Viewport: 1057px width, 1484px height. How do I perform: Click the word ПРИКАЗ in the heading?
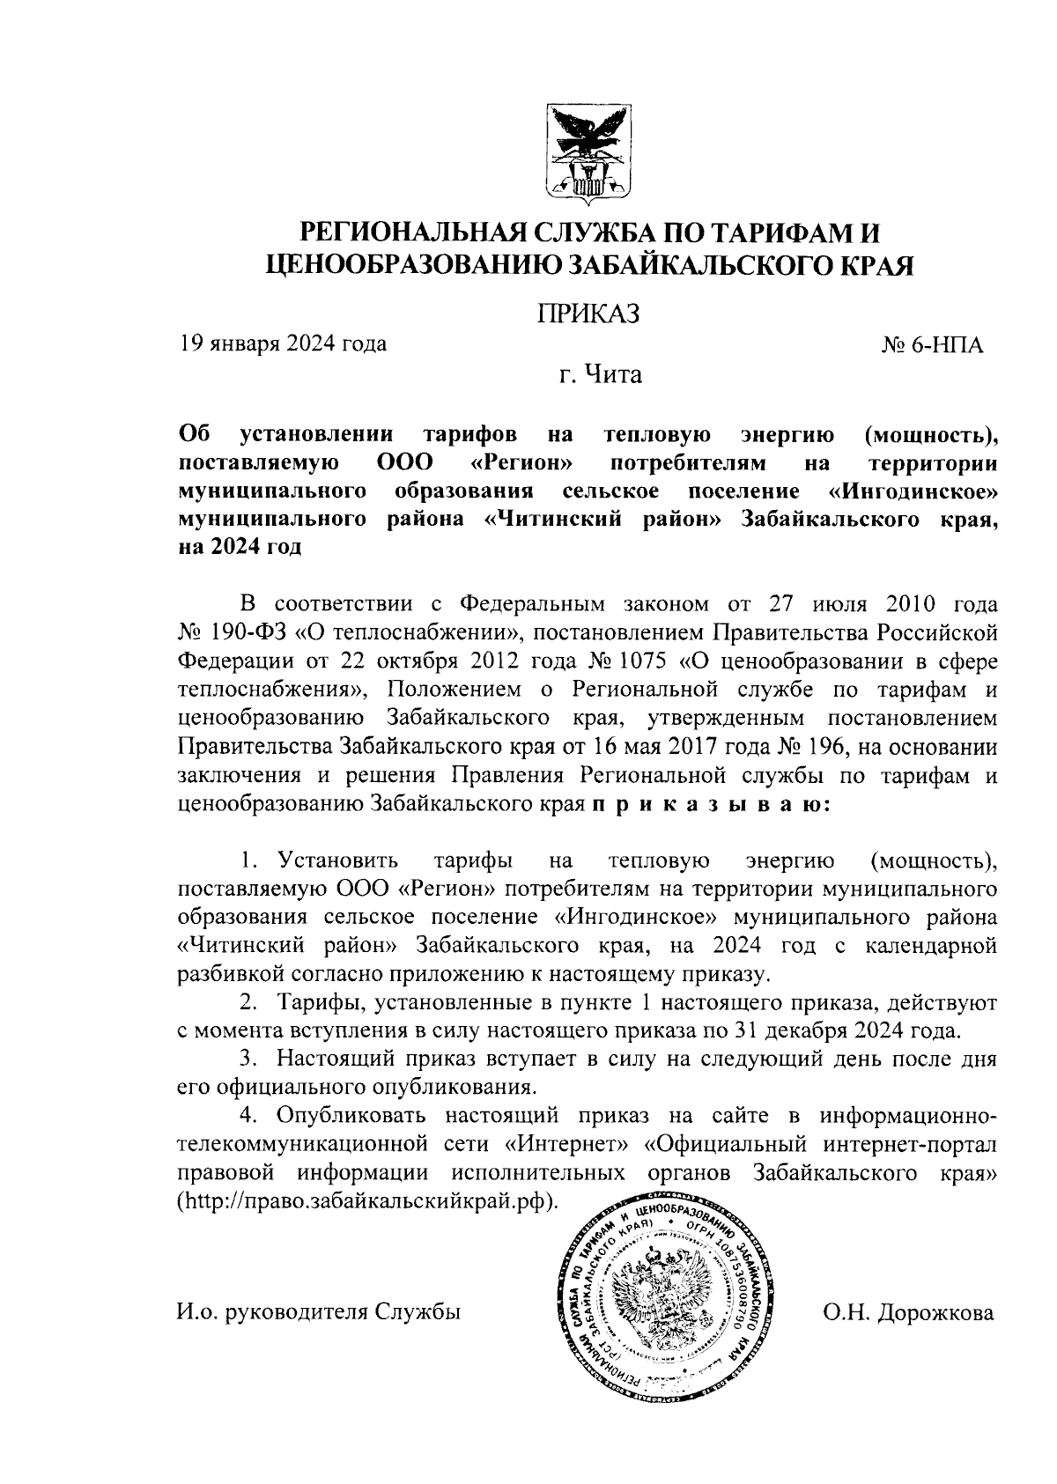(588, 314)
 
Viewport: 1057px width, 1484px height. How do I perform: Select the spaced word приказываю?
(710, 804)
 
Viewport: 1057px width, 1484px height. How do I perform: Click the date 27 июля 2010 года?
(872, 604)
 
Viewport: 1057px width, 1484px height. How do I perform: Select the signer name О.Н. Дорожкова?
(908, 1313)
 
